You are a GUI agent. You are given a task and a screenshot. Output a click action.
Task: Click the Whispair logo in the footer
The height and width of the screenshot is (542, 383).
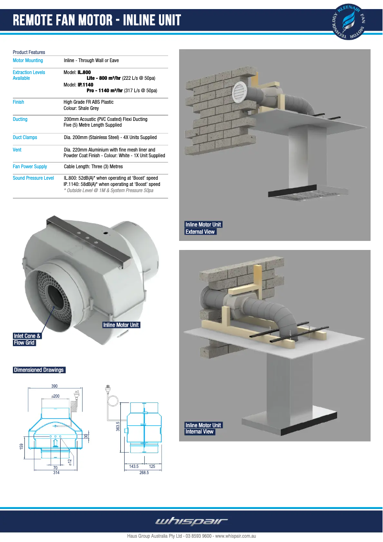(191, 521)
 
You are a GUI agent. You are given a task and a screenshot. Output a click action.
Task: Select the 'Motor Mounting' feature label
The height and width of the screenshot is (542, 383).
(28, 61)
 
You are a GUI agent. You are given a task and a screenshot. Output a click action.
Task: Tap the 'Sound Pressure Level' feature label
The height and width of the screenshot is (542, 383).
(33, 178)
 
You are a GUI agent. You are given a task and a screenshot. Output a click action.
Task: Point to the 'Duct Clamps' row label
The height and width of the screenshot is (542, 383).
(25, 138)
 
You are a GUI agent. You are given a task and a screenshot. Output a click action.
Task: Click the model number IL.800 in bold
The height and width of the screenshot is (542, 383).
(84, 72)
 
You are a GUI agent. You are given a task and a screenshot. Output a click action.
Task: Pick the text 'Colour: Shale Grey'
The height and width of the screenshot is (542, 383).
(81, 108)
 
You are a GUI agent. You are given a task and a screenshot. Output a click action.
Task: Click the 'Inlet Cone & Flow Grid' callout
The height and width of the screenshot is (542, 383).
(27, 339)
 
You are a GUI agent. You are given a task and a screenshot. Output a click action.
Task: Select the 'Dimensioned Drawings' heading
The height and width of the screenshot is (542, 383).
(39, 370)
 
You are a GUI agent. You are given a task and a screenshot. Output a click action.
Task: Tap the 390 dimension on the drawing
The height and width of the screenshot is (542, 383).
(54, 386)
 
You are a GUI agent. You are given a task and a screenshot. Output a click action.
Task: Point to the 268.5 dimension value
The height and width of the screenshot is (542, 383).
(144, 472)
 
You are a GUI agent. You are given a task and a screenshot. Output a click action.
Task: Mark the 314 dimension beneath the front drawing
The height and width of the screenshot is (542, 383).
(56, 472)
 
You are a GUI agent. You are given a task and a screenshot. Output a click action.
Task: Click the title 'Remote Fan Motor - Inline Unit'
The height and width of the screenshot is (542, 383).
(97, 21)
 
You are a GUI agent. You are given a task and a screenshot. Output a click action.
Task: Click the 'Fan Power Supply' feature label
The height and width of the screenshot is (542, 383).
(30, 167)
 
